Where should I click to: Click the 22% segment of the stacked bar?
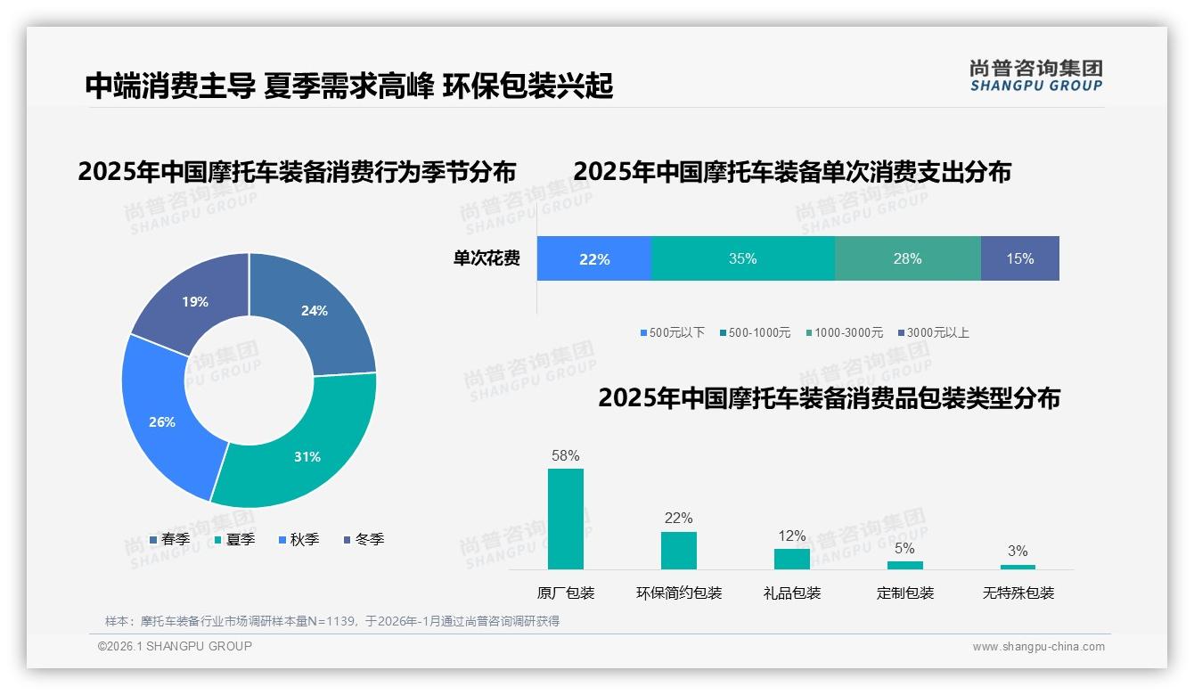[x=594, y=259]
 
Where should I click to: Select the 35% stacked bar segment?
[x=742, y=259]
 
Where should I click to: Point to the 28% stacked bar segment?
[x=907, y=259]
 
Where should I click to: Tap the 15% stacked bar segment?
[x=1019, y=259]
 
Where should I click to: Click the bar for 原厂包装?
[x=566, y=519]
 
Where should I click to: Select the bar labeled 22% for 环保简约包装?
[x=678, y=551]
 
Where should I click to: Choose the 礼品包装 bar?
[x=791, y=559]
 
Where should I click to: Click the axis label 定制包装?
[x=905, y=593]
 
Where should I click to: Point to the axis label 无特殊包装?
[x=1018, y=593]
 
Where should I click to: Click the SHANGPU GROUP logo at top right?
[x=1035, y=76]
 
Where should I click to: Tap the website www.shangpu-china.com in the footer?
[x=1038, y=647]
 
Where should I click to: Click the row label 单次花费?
[x=487, y=259]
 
